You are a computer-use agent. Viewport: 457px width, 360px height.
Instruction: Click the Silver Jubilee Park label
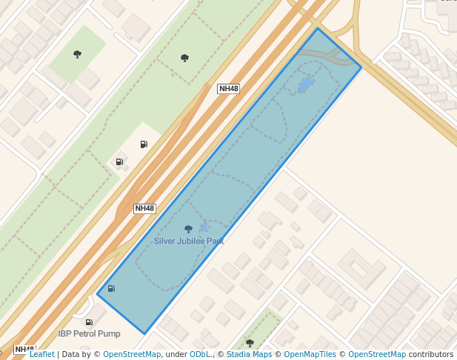pos(189,241)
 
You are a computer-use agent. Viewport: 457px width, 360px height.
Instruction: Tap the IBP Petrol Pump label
pos(89,333)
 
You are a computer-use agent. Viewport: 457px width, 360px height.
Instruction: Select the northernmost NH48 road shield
pos(229,89)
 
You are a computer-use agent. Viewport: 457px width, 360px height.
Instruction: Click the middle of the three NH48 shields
pos(144,208)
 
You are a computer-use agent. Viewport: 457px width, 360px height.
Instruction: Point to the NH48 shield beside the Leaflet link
pos(24,349)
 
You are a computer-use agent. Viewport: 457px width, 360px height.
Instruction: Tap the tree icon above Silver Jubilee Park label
pos(188,229)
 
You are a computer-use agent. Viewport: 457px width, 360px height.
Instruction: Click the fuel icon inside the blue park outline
pos(111,288)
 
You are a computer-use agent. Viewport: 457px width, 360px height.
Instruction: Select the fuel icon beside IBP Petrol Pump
pos(89,322)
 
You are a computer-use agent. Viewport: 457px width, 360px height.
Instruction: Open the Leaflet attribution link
pos(42,354)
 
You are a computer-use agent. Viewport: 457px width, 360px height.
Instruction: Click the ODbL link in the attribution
pos(201,354)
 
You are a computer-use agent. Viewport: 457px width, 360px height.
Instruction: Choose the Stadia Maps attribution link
pos(248,354)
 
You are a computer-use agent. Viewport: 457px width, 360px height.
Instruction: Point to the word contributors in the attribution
pos(431,354)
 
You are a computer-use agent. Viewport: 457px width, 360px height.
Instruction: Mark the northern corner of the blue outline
pos(318,28)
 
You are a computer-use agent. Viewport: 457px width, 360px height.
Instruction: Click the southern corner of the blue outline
pos(145,333)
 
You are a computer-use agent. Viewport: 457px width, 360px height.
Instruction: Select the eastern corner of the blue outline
pos(361,68)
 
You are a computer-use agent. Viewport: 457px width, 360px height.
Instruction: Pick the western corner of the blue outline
pos(98,294)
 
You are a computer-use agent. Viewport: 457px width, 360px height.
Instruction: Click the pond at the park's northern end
pos(304,85)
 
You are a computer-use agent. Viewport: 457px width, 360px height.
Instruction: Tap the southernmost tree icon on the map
pos(250,343)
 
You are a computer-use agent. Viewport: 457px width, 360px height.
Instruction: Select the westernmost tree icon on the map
pos(77,54)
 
